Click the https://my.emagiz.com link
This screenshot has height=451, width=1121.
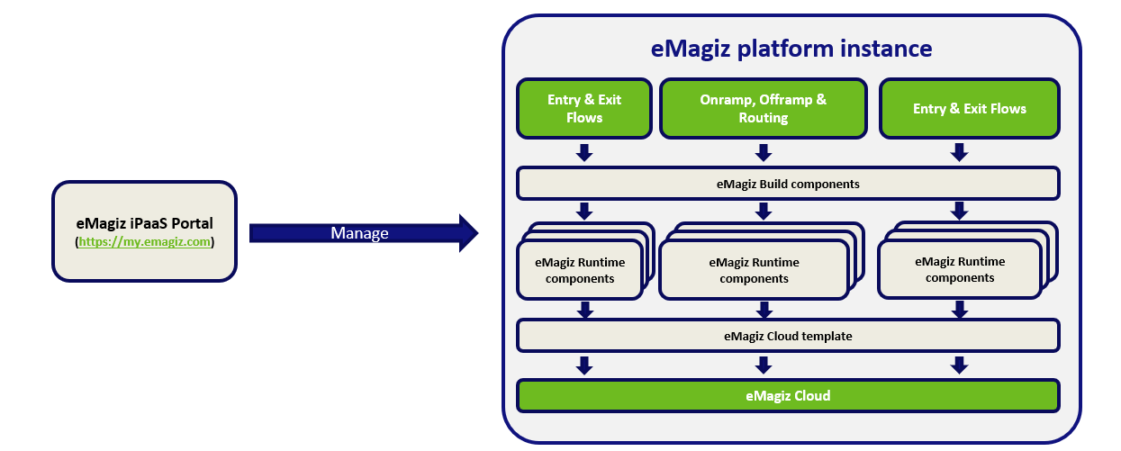(x=145, y=242)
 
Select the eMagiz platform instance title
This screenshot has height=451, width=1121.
(x=791, y=48)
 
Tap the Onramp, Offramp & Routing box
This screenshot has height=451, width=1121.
(x=763, y=109)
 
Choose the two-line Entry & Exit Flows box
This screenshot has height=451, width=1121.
(x=583, y=109)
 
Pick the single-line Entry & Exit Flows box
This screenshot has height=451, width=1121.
(x=969, y=109)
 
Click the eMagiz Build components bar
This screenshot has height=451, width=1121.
(x=787, y=184)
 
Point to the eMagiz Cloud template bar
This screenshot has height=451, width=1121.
(x=787, y=336)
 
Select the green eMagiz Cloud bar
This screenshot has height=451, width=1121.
(x=787, y=395)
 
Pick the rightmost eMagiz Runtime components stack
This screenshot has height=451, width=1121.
(x=960, y=269)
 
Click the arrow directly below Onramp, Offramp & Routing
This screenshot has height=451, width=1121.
(x=764, y=152)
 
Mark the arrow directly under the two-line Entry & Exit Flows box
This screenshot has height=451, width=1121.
(x=584, y=152)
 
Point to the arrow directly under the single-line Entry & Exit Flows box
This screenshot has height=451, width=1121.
(x=960, y=152)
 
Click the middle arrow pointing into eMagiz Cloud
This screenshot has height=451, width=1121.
(x=764, y=365)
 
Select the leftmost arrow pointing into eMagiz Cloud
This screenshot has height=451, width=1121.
(x=584, y=365)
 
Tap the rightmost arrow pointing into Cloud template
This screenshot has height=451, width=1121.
(x=960, y=310)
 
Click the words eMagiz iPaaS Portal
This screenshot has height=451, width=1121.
(x=145, y=223)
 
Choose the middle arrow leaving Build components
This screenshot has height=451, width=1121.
(x=764, y=211)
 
